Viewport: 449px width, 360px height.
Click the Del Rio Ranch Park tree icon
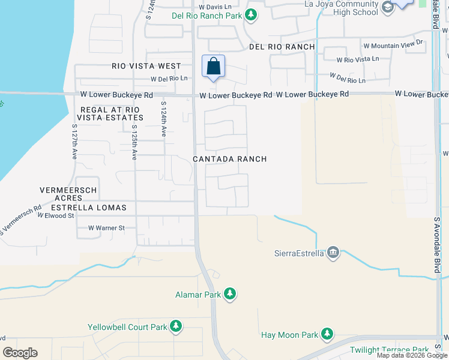[253, 16]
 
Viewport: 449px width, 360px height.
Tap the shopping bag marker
[214, 67]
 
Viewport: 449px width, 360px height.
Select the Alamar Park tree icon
[229, 294]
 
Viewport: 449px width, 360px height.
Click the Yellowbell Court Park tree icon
[175, 326]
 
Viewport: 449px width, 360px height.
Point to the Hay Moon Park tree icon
[327, 334]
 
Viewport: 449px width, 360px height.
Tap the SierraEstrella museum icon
[334, 253]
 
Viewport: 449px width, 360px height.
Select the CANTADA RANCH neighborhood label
[229, 159]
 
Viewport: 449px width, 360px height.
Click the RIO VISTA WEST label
[146, 66]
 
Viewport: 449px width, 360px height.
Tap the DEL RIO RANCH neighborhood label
[282, 47]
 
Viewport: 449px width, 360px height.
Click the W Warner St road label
[106, 228]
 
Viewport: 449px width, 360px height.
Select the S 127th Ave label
[75, 142]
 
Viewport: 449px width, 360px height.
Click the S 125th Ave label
[134, 142]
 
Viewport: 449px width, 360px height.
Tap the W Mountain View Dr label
[393, 44]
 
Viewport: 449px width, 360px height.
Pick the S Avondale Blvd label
[436, 246]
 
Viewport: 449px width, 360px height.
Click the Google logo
[20, 352]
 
